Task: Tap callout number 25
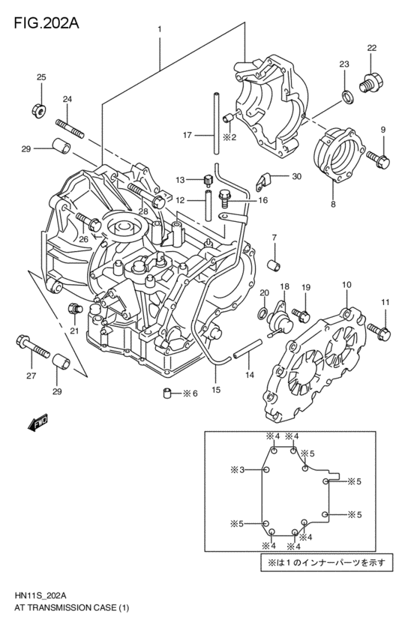pyautogui.click(x=41, y=77)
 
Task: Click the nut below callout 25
pyautogui.click(x=42, y=110)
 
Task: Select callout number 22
pyautogui.click(x=371, y=48)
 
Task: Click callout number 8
pyautogui.click(x=332, y=203)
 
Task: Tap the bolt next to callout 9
pyautogui.click(x=378, y=157)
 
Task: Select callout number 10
pyautogui.click(x=346, y=285)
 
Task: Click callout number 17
pyautogui.click(x=187, y=135)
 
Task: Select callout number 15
pyautogui.click(x=216, y=389)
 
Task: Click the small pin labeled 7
pyautogui.click(x=274, y=265)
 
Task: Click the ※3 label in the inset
pyautogui.click(x=238, y=470)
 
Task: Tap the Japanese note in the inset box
pyautogui.click(x=322, y=561)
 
